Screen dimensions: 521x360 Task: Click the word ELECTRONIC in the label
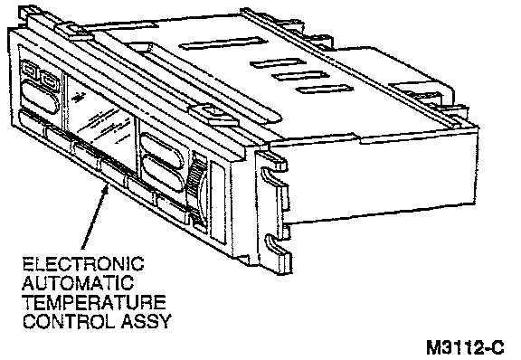coord(83,263)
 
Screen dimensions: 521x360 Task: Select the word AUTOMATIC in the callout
coord(78,283)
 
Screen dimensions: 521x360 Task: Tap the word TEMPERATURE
coord(94,302)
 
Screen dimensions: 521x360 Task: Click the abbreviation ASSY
coord(147,321)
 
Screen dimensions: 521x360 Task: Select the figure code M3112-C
coord(465,347)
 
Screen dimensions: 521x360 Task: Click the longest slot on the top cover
coord(223,43)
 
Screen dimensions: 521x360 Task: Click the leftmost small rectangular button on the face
coord(29,71)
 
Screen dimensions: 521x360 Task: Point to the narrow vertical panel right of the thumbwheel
coord(218,206)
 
